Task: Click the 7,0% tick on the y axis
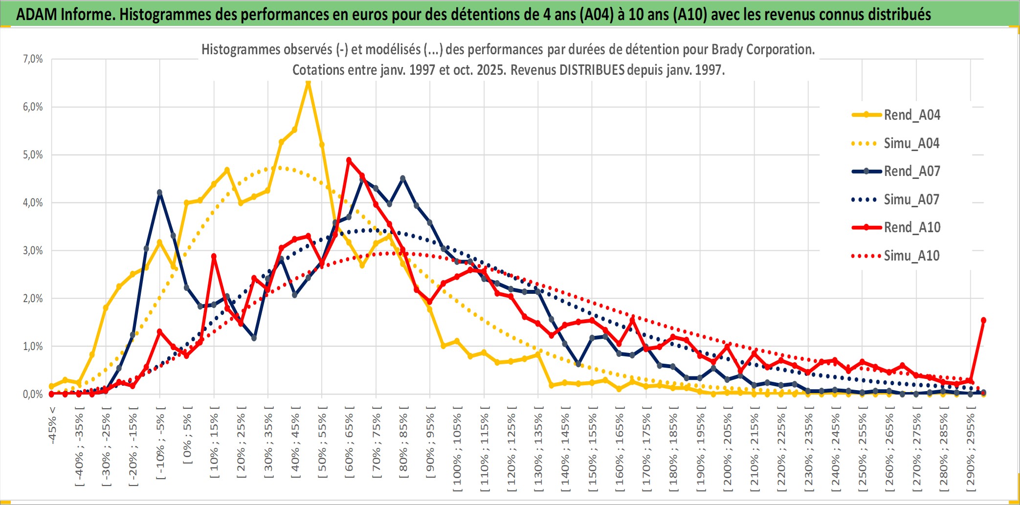(33, 59)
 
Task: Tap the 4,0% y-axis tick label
(33, 202)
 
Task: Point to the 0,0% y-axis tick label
(33, 394)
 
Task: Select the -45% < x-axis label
(52, 425)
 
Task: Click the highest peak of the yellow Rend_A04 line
(308, 83)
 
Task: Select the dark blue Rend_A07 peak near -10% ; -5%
(159, 193)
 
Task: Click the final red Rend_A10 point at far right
(983, 320)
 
